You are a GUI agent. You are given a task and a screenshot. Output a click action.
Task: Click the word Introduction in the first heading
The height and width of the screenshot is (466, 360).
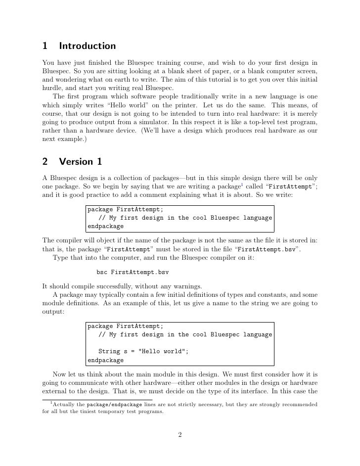(x=87, y=47)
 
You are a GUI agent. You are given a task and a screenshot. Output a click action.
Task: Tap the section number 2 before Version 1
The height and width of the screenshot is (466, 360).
(x=45, y=162)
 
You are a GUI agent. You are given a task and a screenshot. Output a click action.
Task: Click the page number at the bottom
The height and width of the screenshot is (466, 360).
(x=180, y=435)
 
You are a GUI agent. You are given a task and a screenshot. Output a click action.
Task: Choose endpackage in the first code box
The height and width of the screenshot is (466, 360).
(x=105, y=227)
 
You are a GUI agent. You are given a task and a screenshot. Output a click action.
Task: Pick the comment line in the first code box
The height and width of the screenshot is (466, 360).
(x=185, y=218)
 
